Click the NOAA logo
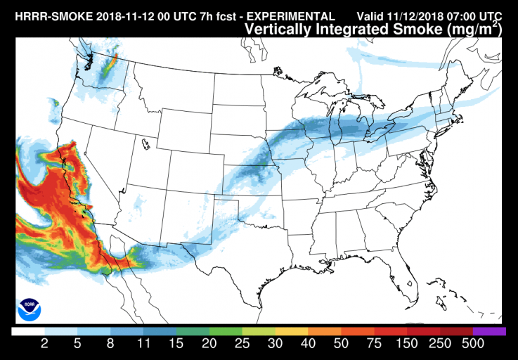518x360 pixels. [x=30, y=307]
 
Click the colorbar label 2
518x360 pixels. [x=45, y=345]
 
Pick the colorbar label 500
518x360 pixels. [x=473, y=345]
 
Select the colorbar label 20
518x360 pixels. [x=209, y=345]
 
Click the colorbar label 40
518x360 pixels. [x=309, y=345]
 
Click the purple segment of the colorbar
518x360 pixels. [x=489, y=331]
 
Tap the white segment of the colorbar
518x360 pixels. [x=29, y=331]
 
